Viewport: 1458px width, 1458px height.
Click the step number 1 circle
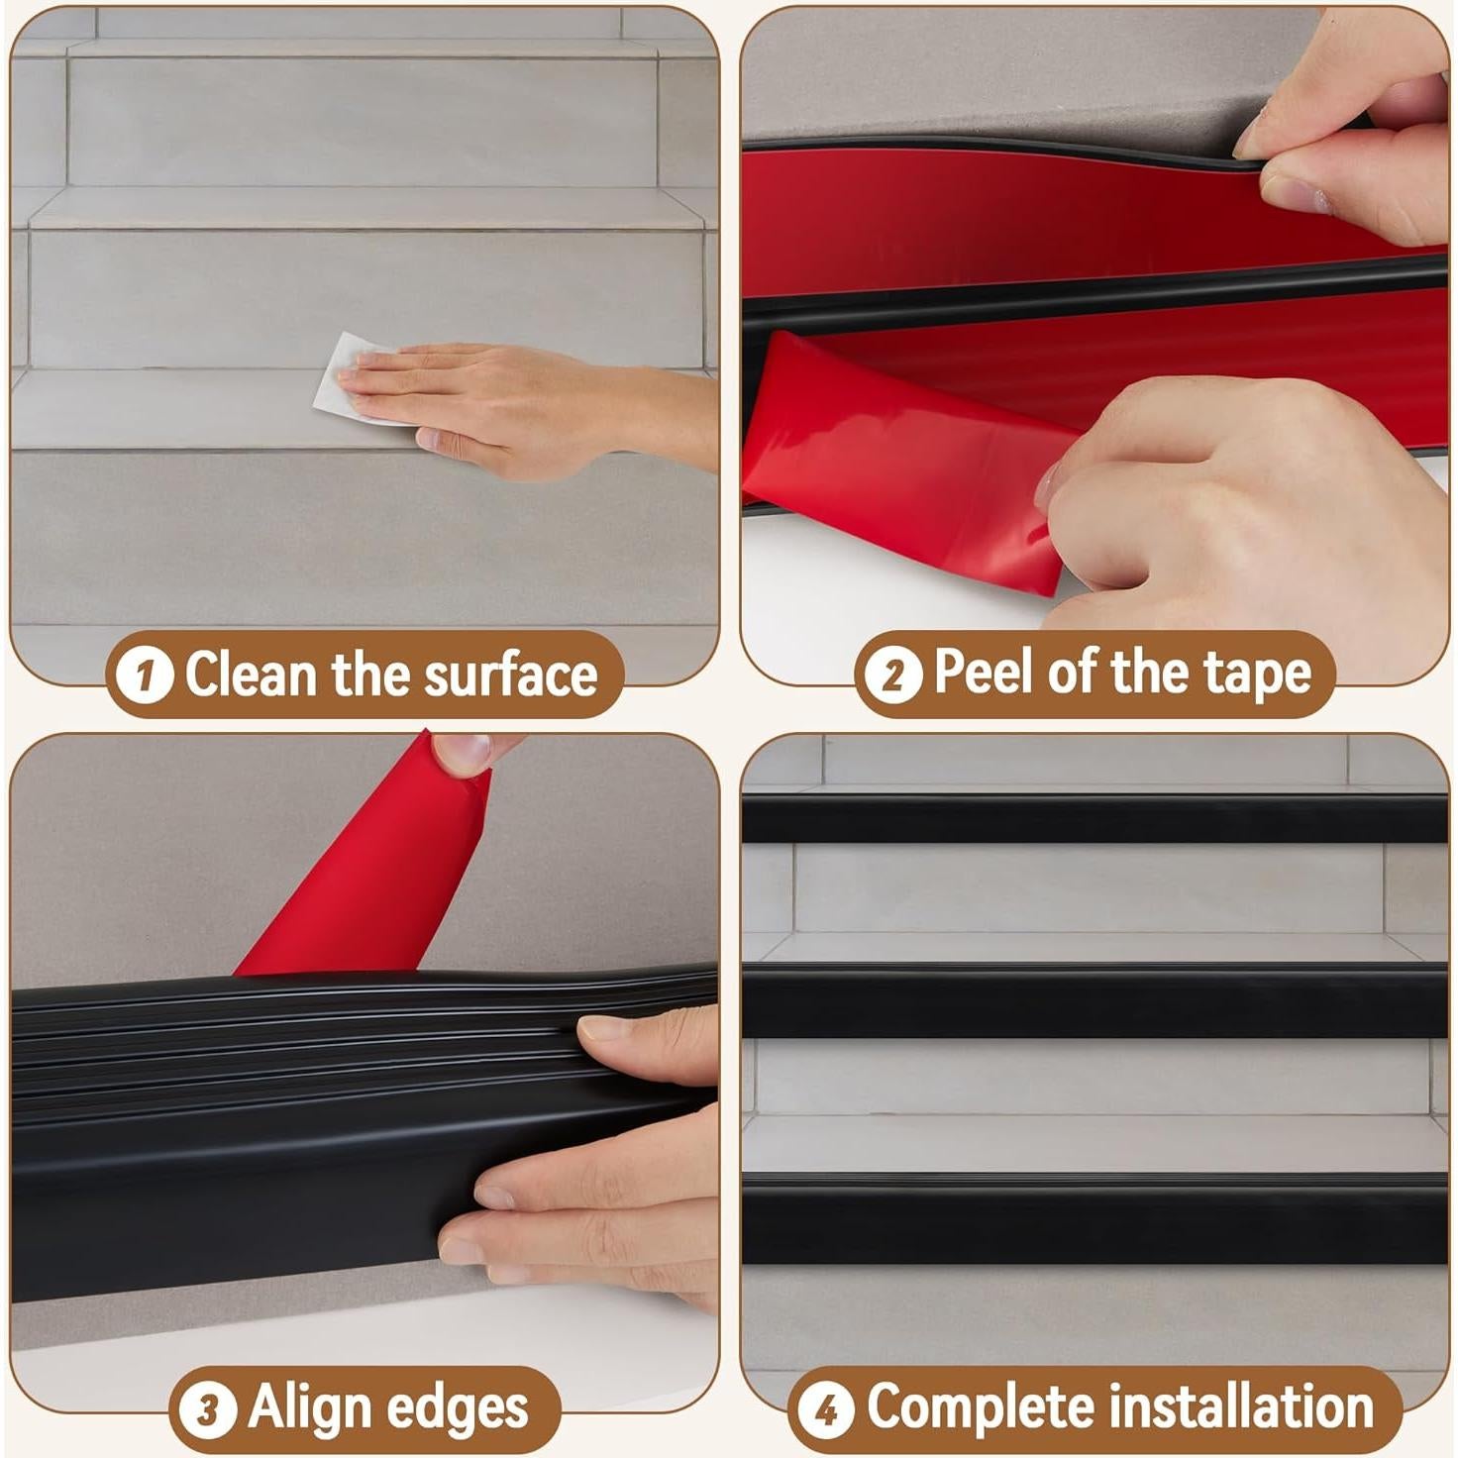(x=145, y=677)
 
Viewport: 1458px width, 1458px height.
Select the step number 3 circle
(x=208, y=1409)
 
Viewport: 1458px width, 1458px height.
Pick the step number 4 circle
(x=826, y=1409)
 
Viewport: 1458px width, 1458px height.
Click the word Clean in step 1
(x=250, y=676)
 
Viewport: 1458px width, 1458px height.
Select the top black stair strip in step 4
(x=1094, y=818)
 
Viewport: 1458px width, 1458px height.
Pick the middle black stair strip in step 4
(x=1094, y=1000)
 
